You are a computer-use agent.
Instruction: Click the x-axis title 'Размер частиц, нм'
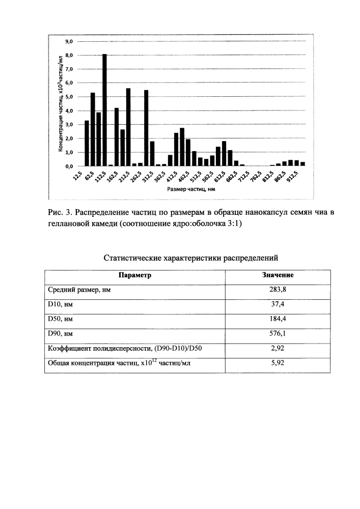click(x=188, y=189)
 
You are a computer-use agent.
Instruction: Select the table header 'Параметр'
click(x=135, y=275)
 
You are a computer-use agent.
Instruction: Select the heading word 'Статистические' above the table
click(x=133, y=258)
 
